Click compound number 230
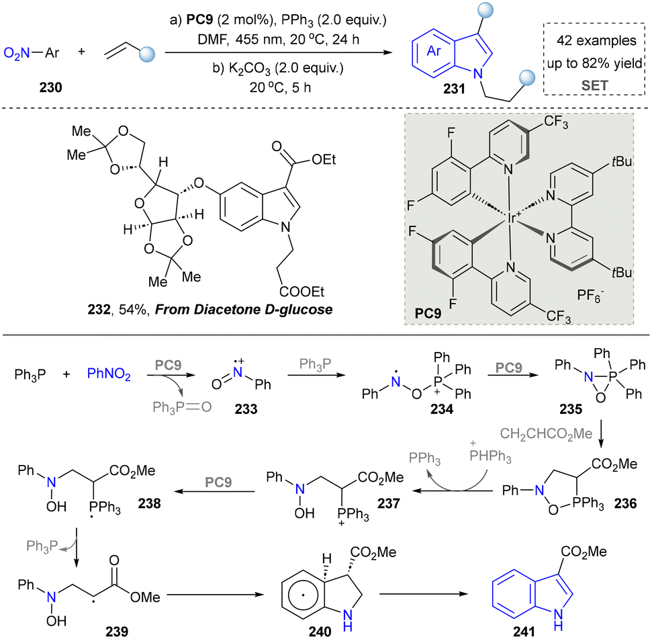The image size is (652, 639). (x=51, y=87)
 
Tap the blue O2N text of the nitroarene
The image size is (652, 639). (x=17, y=53)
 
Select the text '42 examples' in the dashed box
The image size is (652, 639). (x=596, y=40)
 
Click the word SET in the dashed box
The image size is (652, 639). (x=594, y=85)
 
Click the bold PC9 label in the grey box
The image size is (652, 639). (x=428, y=313)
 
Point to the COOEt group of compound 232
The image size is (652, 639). (x=301, y=292)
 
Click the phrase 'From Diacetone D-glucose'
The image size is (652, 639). (x=244, y=310)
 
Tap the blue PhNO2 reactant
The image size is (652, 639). (x=109, y=374)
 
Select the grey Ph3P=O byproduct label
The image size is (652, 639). (x=182, y=407)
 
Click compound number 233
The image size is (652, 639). (x=246, y=409)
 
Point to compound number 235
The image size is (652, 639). (x=571, y=409)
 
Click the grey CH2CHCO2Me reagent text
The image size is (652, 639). (x=546, y=434)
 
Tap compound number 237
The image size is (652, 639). (x=388, y=503)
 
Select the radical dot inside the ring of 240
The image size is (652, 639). (x=303, y=595)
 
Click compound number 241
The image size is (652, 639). (x=524, y=632)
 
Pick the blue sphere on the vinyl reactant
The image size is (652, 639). (x=147, y=54)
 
